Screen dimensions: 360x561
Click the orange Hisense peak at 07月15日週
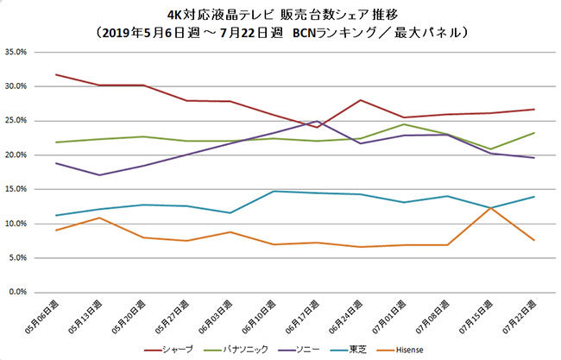coord(490,207)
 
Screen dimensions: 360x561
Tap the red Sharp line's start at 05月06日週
coord(55,75)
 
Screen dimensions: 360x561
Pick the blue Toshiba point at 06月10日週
coord(273,192)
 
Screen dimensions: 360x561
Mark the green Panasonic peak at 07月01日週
coord(404,124)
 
